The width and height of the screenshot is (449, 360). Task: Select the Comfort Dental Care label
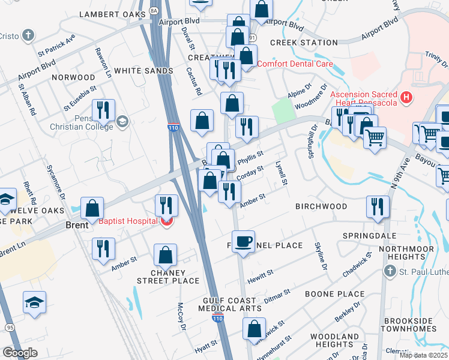point(295,64)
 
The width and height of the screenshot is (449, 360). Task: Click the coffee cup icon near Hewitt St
point(243,241)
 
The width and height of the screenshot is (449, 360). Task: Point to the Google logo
point(20,353)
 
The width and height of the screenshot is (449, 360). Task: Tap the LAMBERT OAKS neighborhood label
point(112,14)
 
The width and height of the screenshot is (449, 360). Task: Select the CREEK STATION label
point(304,43)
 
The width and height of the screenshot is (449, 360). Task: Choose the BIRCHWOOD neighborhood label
point(321,206)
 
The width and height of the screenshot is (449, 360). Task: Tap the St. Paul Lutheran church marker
point(390,272)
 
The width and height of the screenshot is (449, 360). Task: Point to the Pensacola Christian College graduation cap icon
point(122,122)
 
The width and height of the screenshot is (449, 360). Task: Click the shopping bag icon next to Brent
point(92,209)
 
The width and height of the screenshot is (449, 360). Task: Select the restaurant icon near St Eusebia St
point(104,109)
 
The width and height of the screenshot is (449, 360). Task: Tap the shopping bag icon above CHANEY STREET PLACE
point(165,254)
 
